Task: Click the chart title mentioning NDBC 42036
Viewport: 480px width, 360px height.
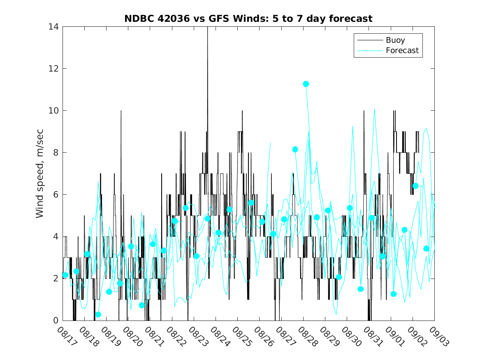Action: [248, 19]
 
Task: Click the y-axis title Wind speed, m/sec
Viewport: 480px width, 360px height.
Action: [40, 173]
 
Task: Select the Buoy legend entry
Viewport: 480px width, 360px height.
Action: [395, 40]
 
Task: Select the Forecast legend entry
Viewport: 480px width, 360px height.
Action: [402, 51]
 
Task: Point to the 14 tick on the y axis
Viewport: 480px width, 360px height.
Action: [53, 27]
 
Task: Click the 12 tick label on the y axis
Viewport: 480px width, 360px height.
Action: [53, 69]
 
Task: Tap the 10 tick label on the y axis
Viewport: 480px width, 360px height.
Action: [53, 111]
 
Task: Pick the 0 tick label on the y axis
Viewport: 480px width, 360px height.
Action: [56, 321]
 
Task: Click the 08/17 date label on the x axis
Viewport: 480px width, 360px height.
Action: [65, 337]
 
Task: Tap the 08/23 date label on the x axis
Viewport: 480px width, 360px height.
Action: [197, 337]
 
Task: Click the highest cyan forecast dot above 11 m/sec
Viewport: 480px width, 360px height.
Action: [306, 84]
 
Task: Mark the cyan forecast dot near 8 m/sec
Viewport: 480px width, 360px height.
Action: [295, 149]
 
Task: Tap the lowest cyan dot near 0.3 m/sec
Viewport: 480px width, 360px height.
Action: [98, 314]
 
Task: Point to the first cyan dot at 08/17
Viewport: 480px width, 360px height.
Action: [65, 275]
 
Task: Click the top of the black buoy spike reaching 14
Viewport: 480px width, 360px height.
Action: [207, 28]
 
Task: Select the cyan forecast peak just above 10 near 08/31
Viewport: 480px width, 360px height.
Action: [374, 109]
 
